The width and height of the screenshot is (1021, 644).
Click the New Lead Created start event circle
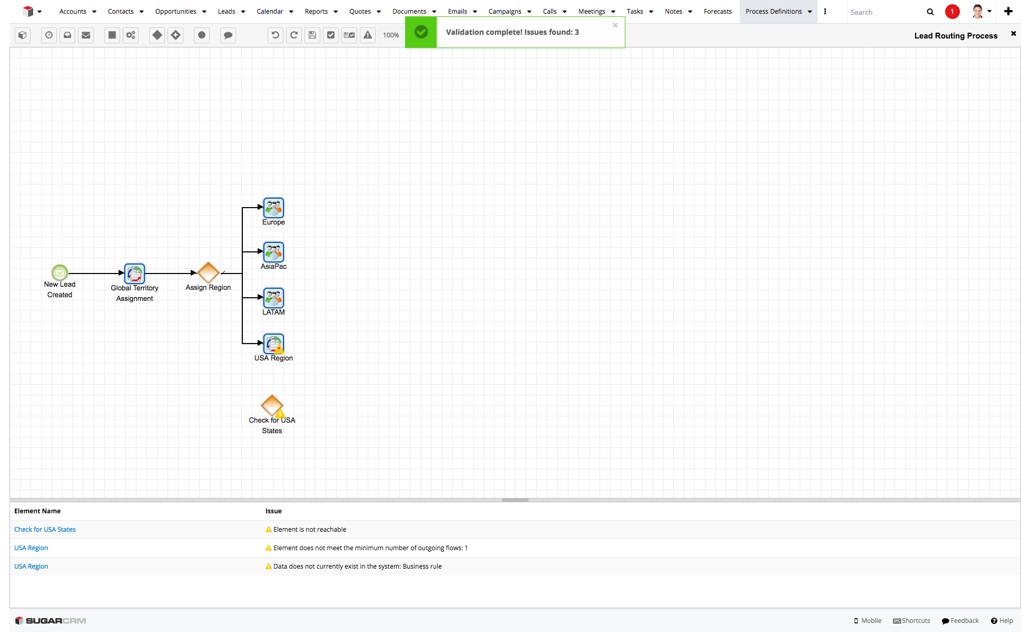pyautogui.click(x=60, y=272)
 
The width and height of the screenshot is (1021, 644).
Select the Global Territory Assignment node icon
pyautogui.click(x=134, y=274)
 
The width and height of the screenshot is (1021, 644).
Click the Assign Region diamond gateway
pyautogui.click(x=208, y=272)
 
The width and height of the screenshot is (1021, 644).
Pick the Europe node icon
pyautogui.click(x=273, y=208)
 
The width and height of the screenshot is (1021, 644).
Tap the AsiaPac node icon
pyautogui.click(x=273, y=252)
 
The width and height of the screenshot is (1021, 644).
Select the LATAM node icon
pyautogui.click(x=273, y=298)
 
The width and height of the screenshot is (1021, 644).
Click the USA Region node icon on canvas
pyautogui.click(x=273, y=344)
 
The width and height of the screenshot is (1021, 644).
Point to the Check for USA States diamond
pyautogui.click(x=272, y=405)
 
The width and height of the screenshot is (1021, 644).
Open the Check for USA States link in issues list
pyautogui.click(x=45, y=530)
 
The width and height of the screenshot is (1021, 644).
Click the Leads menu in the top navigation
pyautogui.click(x=227, y=12)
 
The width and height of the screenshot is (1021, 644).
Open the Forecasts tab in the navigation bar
pyautogui.click(x=718, y=12)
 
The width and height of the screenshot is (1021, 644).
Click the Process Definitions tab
pyautogui.click(x=773, y=12)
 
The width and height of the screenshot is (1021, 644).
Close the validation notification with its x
pyautogui.click(x=615, y=25)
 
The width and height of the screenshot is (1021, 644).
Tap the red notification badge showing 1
pyautogui.click(x=952, y=12)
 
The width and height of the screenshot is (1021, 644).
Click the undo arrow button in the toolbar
pyautogui.click(x=275, y=35)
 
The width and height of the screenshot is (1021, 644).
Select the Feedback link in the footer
pyautogui.click(x=960, y=621)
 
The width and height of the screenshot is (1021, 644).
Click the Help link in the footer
pyautogui.click(x=1002, y=621)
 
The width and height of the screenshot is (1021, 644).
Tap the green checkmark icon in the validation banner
pyautogui.click(x=421, y=32)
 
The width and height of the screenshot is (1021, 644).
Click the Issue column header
pyautogui.click(x=273, y=511)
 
